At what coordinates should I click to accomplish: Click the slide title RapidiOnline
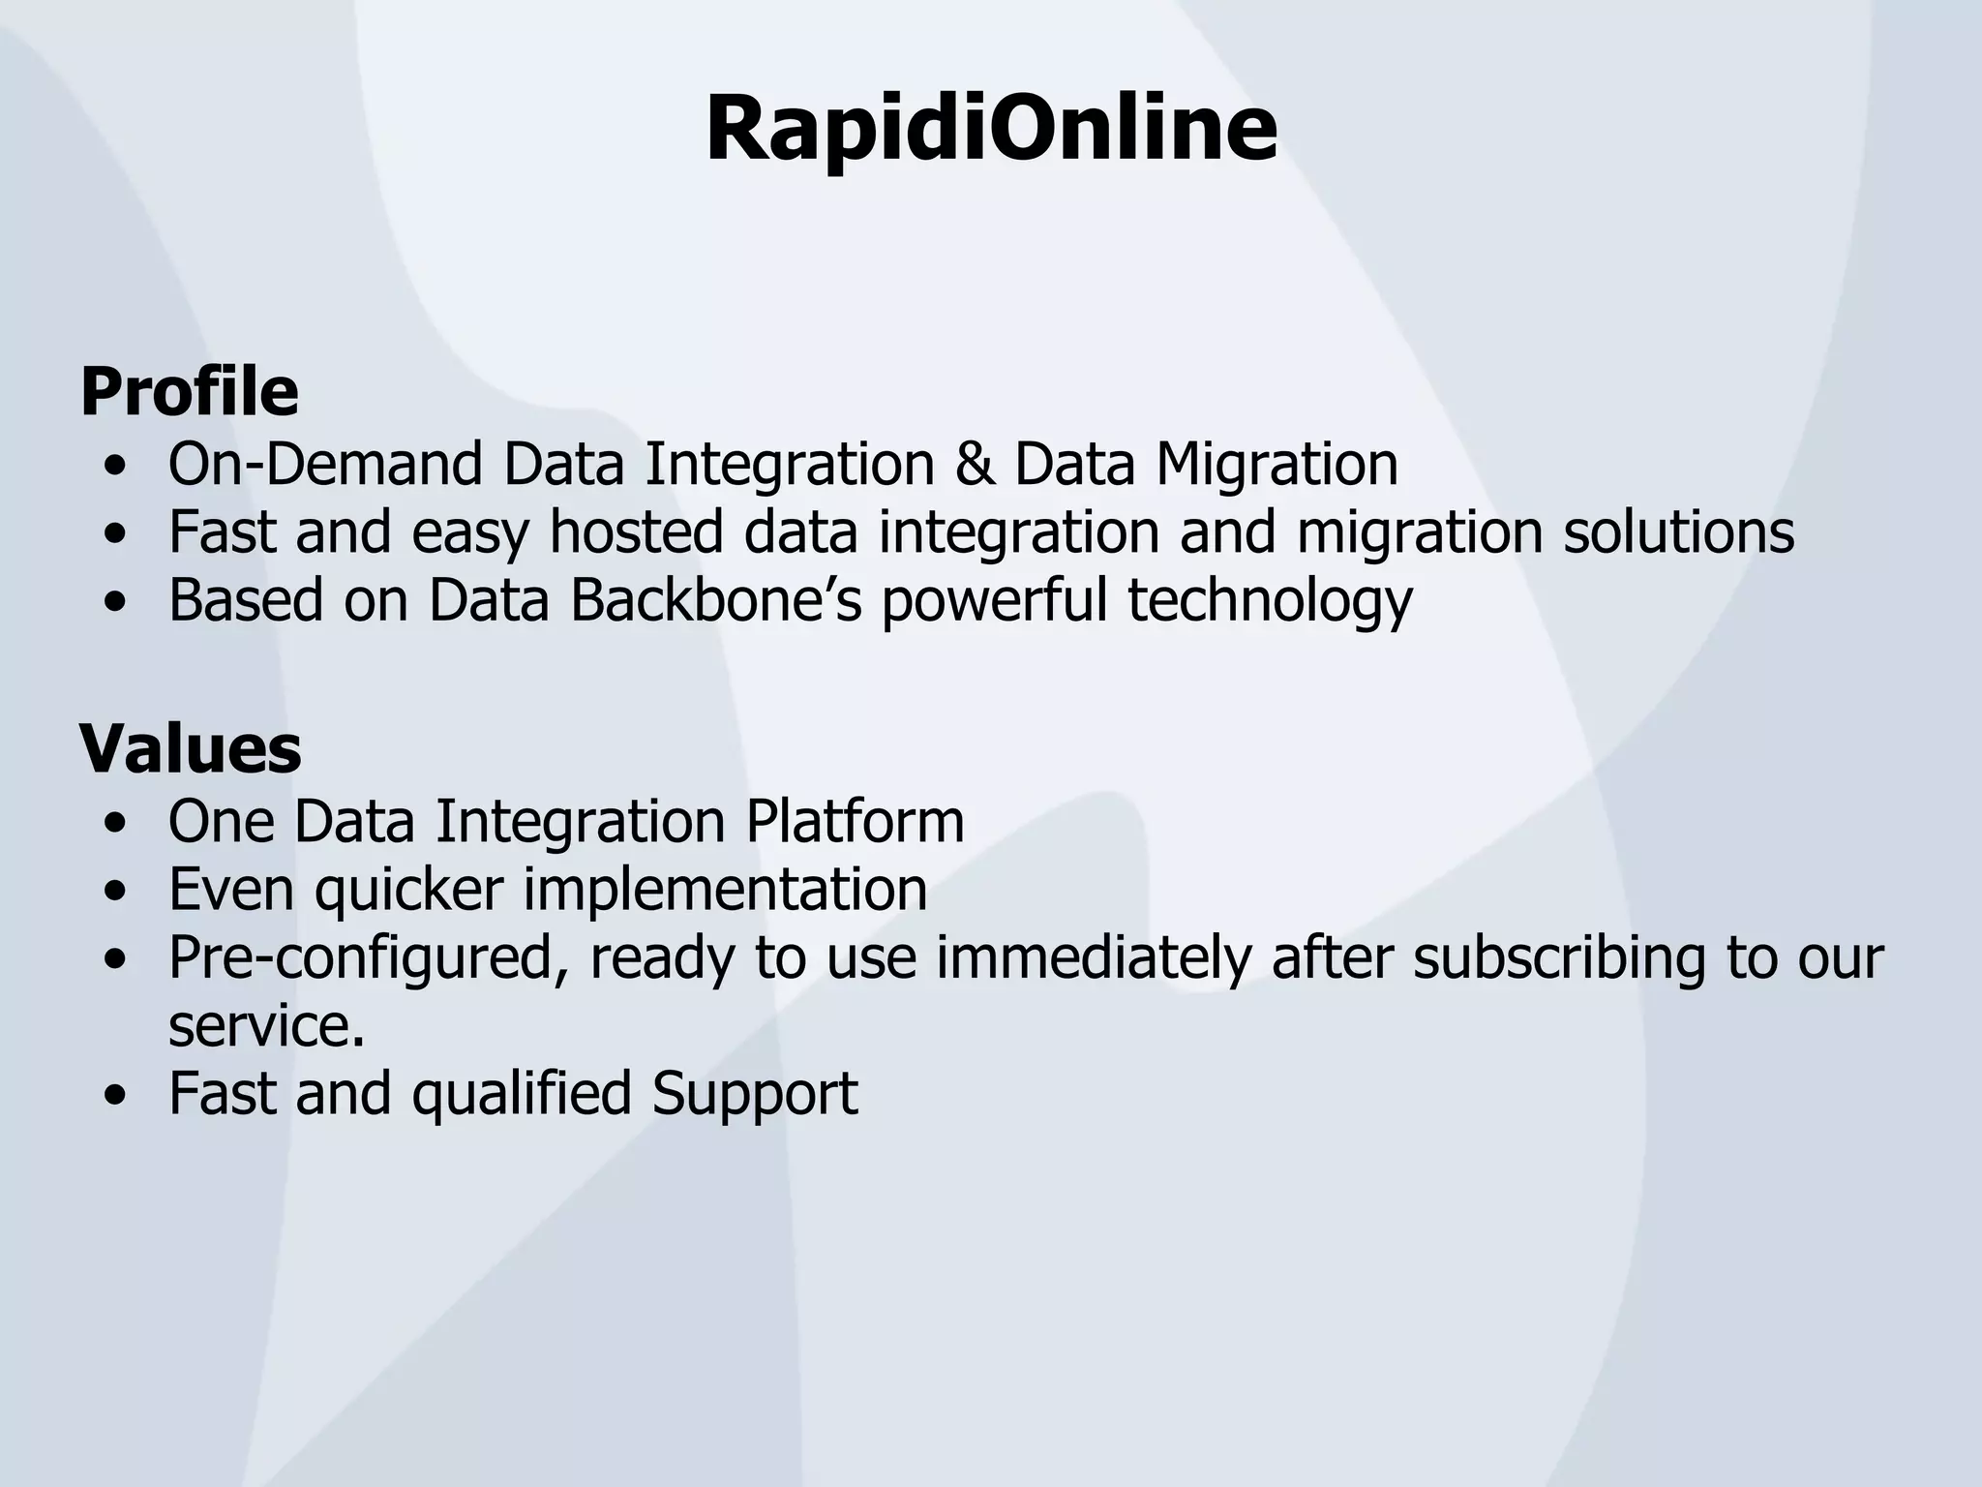point(991,131)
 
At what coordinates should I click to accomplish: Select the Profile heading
point(189,392)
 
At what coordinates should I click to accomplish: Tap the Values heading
point(191,749)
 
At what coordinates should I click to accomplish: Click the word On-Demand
point(325,464)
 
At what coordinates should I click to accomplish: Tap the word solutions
point(1678,531)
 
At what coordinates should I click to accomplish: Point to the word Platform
point(855,821)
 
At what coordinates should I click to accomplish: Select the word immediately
point(1094,958)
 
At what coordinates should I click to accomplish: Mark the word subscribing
point(1560,958)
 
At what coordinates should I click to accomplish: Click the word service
point(266,1026)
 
